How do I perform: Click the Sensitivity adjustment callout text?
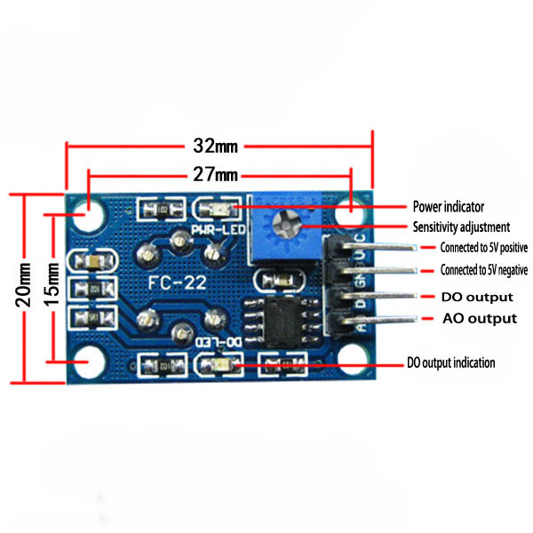460,227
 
